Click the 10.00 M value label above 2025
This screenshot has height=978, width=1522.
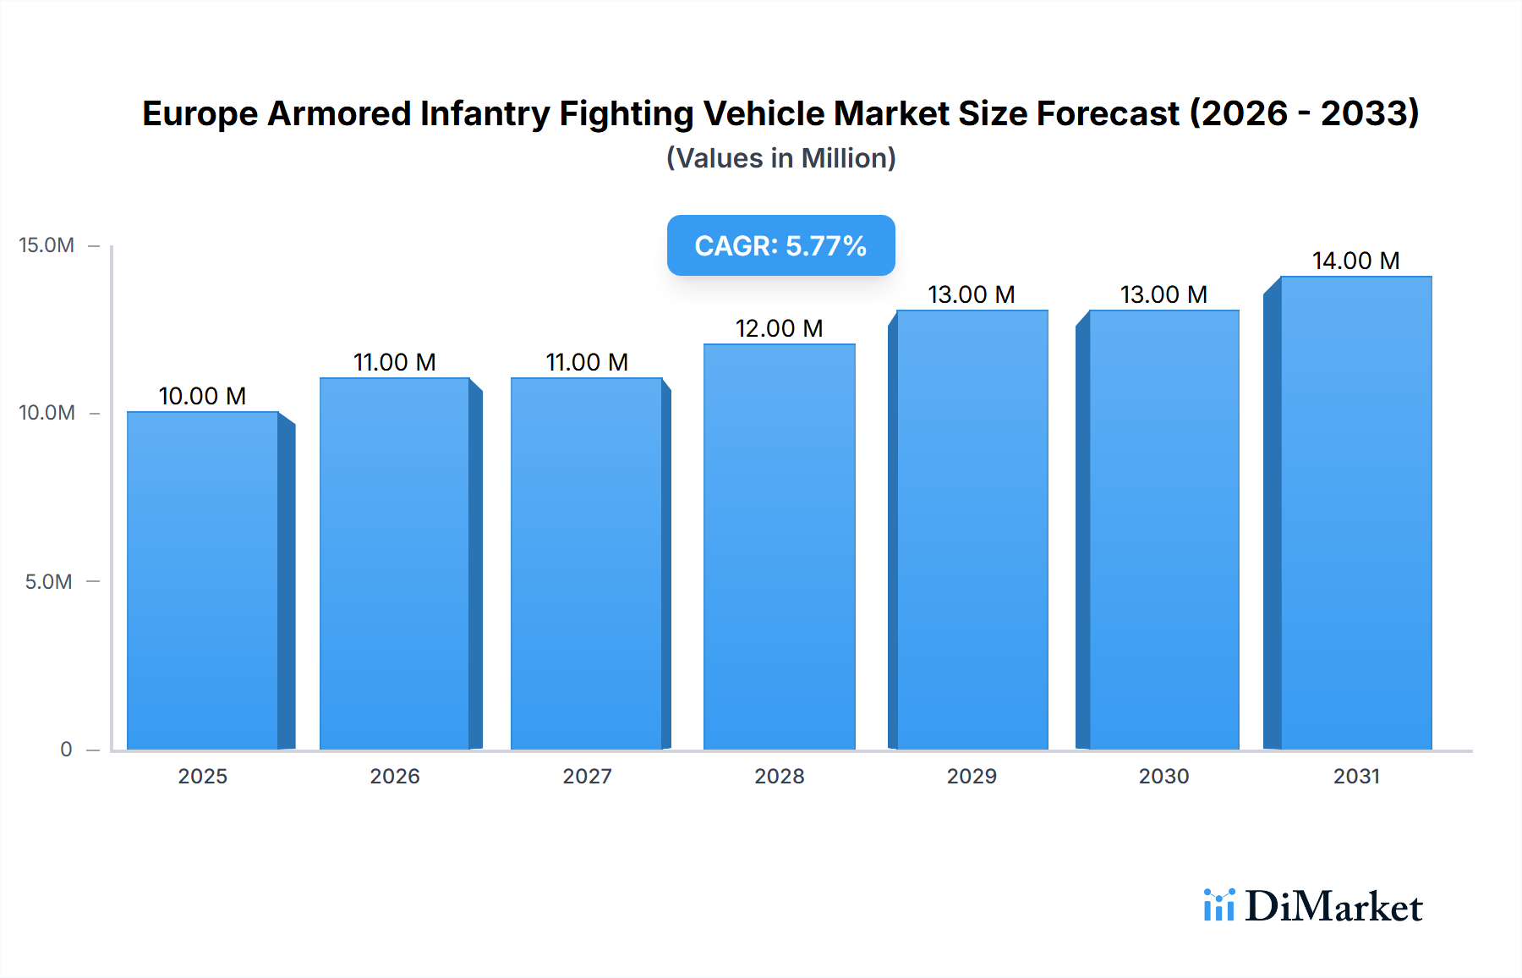[x=202, y=396]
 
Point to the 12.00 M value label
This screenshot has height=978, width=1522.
[x=779, y=328]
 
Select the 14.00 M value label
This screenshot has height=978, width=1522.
[x=1355, y=261]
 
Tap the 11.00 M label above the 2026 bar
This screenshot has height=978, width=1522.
[x=394, y=362]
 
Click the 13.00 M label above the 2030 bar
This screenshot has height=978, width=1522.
[x=1163, y=294]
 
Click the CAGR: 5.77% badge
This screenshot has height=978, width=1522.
[x=780, y=245]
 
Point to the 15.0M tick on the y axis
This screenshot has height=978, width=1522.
[x=47, y=245]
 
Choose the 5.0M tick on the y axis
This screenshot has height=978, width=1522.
[x=48, y=581]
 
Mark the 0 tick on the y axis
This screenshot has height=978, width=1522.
[x=66, y=749]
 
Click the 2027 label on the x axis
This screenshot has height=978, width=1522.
[x=587, y=776]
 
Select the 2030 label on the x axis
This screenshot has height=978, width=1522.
[x=1163, y=776]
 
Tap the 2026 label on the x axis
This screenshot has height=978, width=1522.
[x=394, y=776]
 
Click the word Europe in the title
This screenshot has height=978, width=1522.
[x=200, y=113]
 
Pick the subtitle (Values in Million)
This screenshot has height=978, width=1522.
[x=780, y=158]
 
